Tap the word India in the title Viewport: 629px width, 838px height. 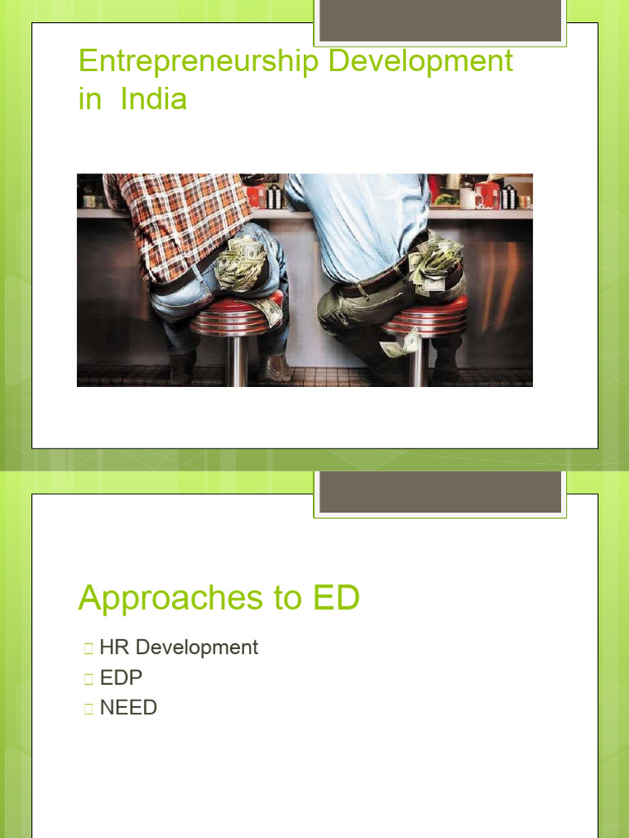(x=153, y=99)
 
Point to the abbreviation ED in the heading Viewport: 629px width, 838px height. (x=334, y=598)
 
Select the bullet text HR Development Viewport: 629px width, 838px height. (x=179, y=647)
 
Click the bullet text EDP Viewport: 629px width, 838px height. (x=121, y=678)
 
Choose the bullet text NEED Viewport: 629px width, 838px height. (x=129, y=707)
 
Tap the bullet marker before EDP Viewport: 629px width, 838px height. (x=88, y=678)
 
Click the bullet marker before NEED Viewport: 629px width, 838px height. (x=88, y=708)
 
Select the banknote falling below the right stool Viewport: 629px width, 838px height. (x=400, y=345)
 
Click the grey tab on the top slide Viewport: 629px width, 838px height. (x=440, y=20)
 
